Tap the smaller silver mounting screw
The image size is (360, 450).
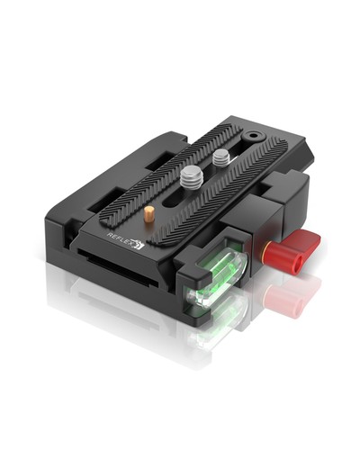pos(220,157)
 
